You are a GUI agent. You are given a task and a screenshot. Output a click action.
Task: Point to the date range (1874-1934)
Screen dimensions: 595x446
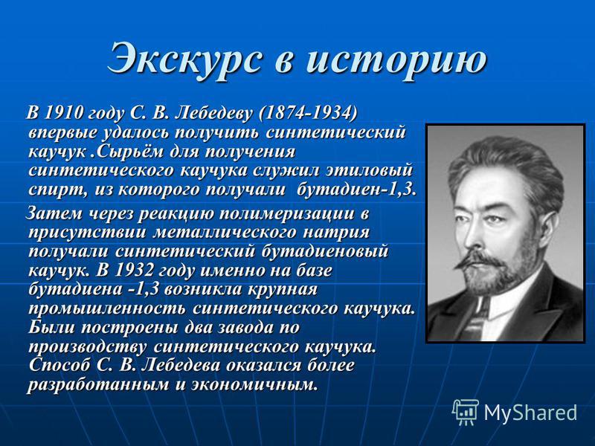point(307,113)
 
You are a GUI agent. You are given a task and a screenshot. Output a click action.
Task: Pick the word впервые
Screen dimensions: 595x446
point(63,134)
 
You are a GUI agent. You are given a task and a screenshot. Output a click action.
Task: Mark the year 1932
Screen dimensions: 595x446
point(132,271)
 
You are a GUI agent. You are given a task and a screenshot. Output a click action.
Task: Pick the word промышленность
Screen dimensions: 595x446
point(107,308)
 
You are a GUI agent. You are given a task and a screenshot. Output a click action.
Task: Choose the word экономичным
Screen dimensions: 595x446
point(254,384)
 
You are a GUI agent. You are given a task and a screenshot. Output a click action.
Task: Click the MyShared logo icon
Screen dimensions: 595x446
point(465,412)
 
